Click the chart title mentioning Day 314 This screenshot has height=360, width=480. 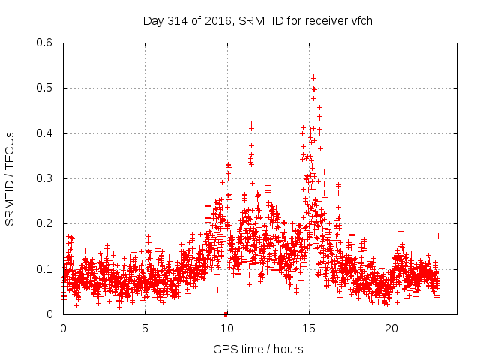pyautogui.click(x=258, y=20)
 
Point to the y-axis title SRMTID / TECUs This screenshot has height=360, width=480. pyautogui.click(x=10, y=178)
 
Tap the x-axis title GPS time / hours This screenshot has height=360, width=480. pyautogui.click(x=258, y=349)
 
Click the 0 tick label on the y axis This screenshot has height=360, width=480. pyautogui.click(x=49, y=314)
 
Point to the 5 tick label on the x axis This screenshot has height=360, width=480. pyautogui.click(x=145, y=328)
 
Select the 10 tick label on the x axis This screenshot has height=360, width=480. pyautogui.click(x=227, y=328)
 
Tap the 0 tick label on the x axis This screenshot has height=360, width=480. pyautogui.click(x=63, y=328)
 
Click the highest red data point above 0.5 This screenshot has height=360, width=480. pyautogui.click(x=313, y=77)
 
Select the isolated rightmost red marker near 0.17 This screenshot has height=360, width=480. pyautogui.click(x=438, y=235)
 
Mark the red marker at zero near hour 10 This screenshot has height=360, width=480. pyautogui.click(x=226, y=313)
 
